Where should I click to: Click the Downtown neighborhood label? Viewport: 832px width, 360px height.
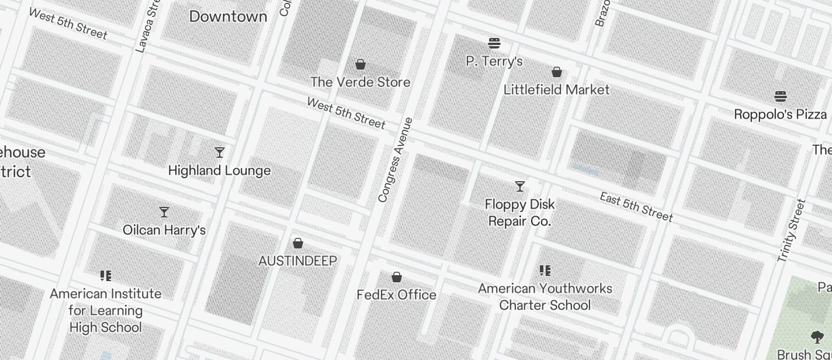click(x=228, y=16)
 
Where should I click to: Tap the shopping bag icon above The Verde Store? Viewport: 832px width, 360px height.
click(x=360, y=64)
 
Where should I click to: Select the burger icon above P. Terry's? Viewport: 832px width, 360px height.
click(x=494, y=43)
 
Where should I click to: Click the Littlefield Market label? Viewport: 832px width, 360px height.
click(x=556, y=89)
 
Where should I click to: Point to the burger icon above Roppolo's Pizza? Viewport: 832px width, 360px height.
click(x=780, y=96)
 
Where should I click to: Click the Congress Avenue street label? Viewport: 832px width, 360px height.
click(x=396, y=160)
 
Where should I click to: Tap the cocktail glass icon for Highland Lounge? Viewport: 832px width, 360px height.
click(x=220, y=153)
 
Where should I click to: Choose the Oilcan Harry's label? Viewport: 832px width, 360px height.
click(x=164, y=230)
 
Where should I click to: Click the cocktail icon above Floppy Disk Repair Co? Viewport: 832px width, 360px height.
click(x=519, y=186)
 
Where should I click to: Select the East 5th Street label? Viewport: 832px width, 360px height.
click(x=636, y=206)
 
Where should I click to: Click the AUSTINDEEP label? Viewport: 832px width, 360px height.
click(x=297, y=261)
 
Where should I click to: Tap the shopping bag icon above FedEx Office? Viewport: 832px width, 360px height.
click(x=397, y=277)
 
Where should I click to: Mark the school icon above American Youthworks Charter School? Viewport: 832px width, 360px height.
click(x=545, y=270)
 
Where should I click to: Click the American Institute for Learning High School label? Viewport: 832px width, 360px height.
click(x=106, y=310)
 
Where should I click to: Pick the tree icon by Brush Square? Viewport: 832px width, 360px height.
click(x=817, y=337)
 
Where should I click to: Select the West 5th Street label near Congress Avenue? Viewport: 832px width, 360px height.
click(x=346, y=113)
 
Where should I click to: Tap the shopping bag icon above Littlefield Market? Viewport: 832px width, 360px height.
click(x=557, y=72)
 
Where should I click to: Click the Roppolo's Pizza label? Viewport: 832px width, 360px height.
click(x=780, y=114)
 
